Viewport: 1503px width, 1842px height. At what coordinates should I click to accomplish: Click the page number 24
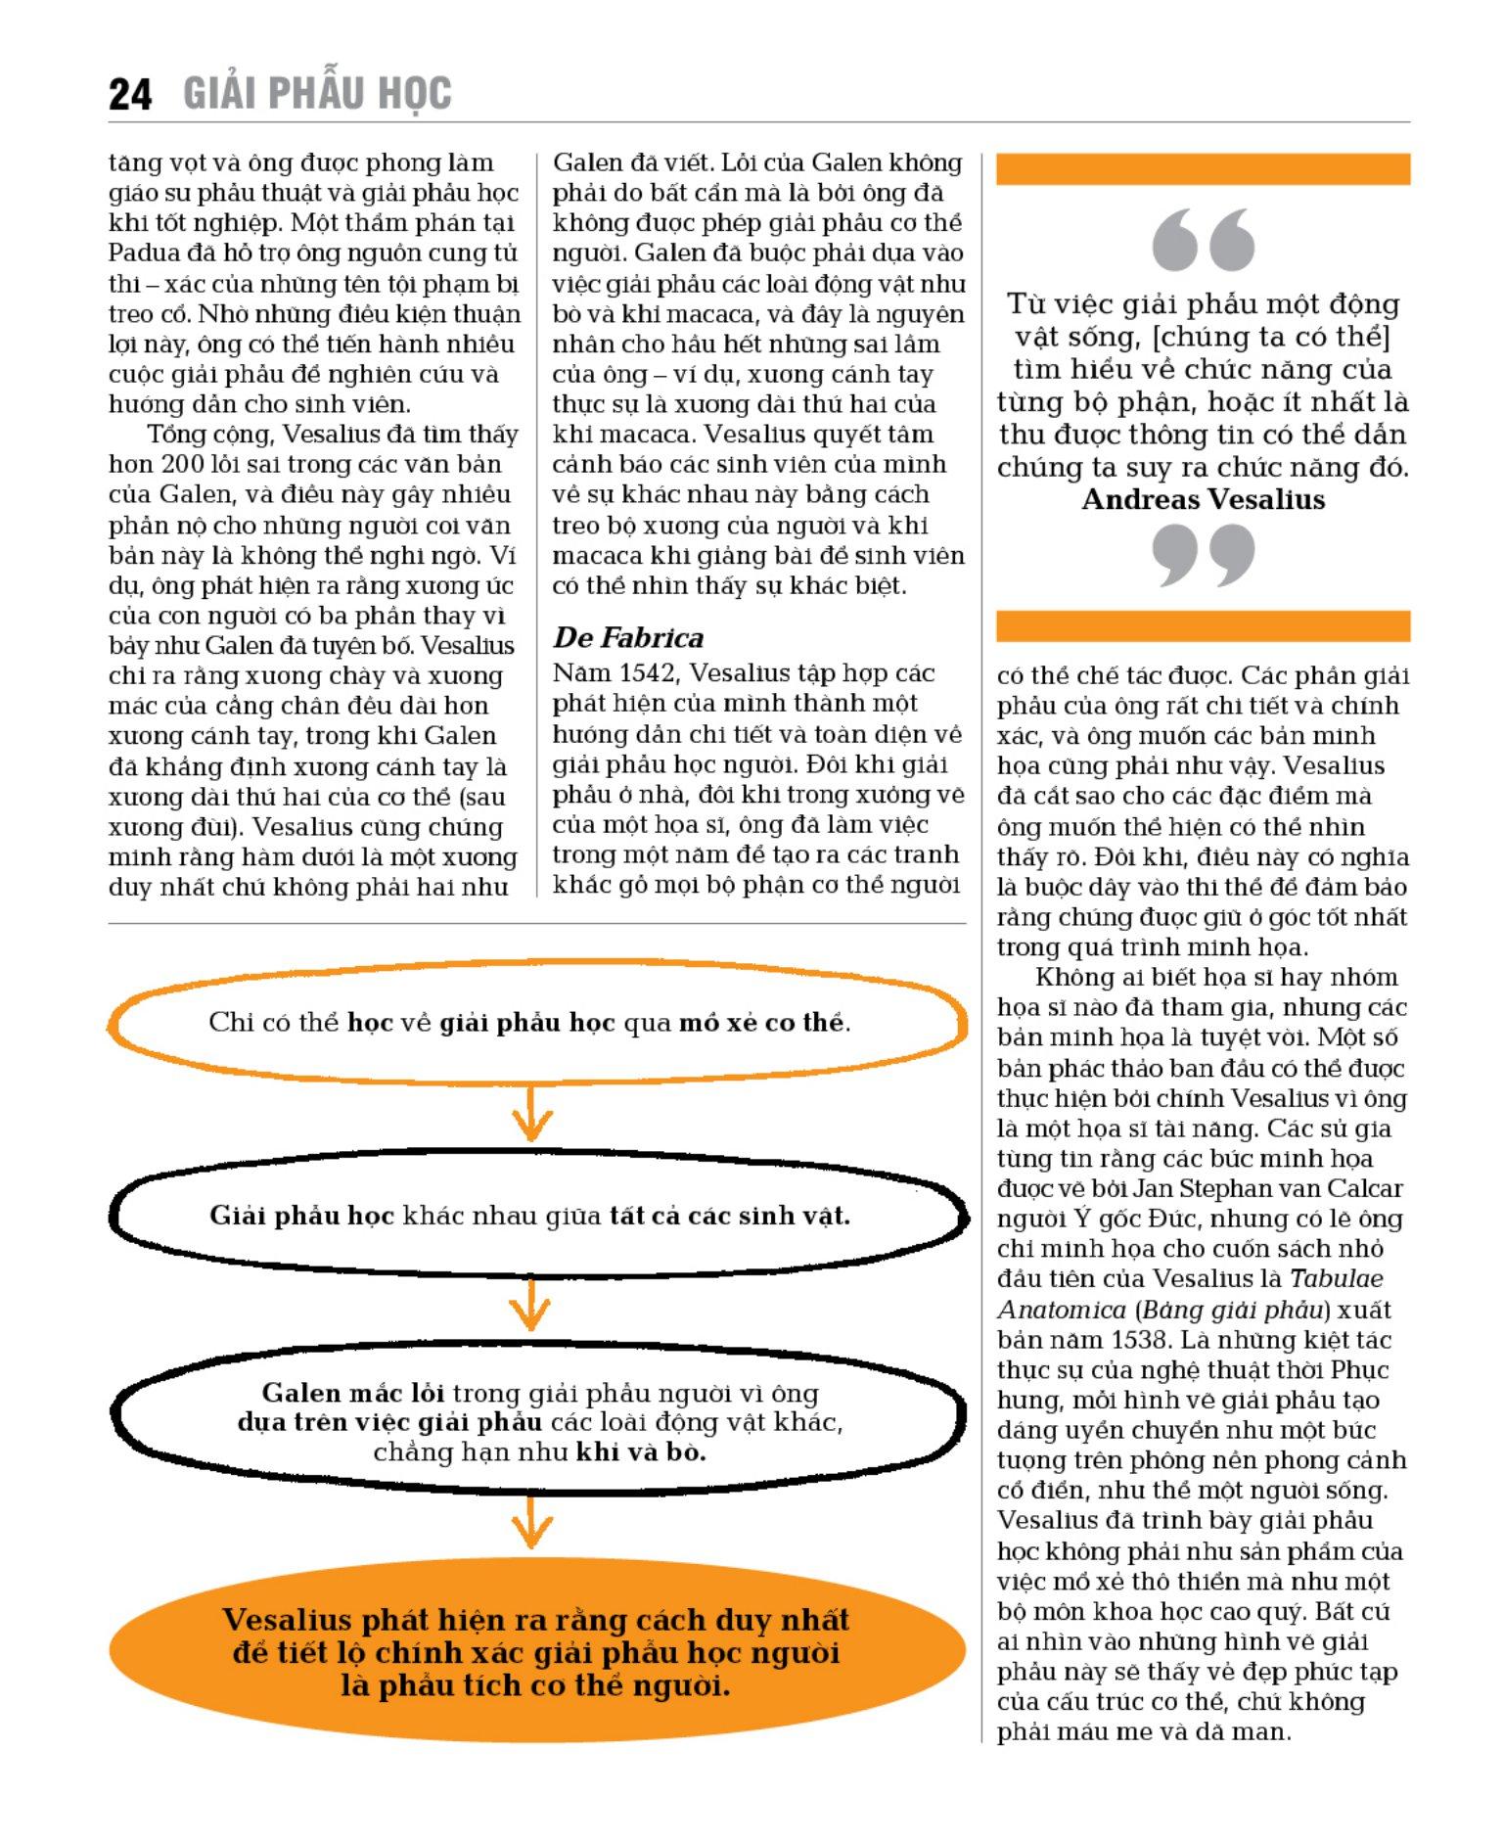point(130,95)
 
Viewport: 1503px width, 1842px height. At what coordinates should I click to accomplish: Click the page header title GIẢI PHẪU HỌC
point(317,94)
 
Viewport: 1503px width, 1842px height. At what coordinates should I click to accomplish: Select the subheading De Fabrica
point(627,638)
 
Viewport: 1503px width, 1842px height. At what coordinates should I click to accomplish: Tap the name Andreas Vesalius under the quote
point(1203,500)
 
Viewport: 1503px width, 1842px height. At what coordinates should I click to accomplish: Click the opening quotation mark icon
point(1203,240)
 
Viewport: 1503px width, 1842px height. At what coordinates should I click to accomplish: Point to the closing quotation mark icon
point(1203,555)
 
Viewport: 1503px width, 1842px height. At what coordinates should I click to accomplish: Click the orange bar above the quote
point(1203,169)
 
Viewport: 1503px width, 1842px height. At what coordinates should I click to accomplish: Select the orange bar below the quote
point(1203,626)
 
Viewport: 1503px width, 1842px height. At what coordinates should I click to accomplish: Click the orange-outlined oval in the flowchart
point(536,1023)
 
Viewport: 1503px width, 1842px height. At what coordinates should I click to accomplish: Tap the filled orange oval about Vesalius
point(536,1652)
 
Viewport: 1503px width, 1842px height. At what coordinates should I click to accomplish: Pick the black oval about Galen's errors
point(536,1421)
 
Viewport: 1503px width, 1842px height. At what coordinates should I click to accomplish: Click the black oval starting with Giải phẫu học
point(536,1217)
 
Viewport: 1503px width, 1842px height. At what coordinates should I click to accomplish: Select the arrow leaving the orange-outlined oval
point(531,1117)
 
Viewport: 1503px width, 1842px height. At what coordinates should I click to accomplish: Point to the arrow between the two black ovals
point(531,1307)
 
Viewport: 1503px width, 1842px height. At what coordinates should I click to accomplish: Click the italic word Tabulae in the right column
point(1336,1279)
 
